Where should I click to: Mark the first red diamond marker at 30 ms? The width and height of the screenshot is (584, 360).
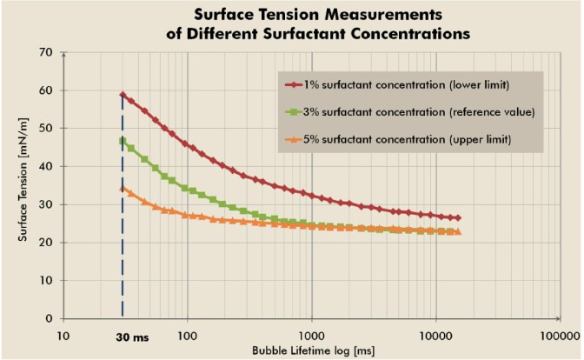123,95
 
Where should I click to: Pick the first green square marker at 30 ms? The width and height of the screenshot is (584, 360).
123,141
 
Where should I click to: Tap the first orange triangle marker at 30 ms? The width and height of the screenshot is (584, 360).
123,189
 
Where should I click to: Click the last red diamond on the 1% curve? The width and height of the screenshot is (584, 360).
458,218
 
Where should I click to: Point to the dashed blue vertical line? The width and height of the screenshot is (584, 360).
123,261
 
